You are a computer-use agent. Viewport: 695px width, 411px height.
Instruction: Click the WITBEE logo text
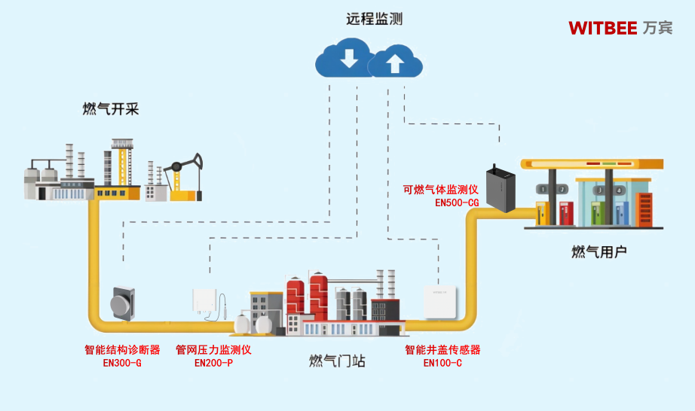tap(602, 28)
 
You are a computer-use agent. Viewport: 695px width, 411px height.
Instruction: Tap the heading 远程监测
tap(374, 19)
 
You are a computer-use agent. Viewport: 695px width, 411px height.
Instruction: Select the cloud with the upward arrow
tap(395, 62)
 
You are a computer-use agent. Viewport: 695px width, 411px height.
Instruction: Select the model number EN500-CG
tap(456, 202)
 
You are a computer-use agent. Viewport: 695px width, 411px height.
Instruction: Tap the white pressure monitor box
tap(205, 305)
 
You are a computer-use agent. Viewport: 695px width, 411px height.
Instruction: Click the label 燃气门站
tap(337, 361)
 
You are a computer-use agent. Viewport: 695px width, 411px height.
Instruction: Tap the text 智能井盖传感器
tap(442, 350)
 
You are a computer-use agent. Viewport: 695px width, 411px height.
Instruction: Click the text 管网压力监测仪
tap(213, 350)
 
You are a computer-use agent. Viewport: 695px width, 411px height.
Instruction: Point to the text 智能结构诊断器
tap(122, 350)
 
